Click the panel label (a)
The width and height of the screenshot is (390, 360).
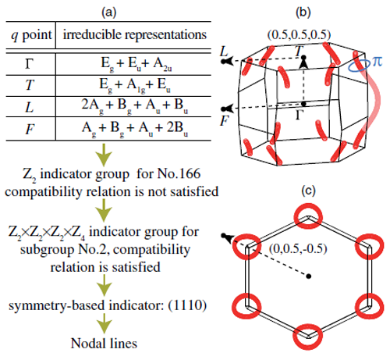tap(109, 12)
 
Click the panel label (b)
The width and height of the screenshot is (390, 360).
tap(303, 12)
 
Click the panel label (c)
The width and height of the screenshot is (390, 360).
tap(308, 191)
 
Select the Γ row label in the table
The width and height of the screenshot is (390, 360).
tap(30, 64)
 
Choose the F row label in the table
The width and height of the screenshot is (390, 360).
tap(30, 129)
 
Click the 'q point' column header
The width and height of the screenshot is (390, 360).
tap(31, 35)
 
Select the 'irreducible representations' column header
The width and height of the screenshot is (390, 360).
tap(135, 34)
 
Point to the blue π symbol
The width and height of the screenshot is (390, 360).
tap(377, 62)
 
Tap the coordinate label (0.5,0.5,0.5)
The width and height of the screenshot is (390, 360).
tap(299, 34)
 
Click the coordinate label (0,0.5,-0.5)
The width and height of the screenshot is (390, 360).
tap(298, 248)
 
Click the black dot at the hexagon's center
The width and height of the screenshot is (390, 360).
tap(308, 276)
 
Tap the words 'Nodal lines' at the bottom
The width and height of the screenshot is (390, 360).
tap(104, 343)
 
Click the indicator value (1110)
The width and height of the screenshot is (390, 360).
tap(187, 305)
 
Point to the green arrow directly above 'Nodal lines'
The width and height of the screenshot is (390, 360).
tap(105, 323)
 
